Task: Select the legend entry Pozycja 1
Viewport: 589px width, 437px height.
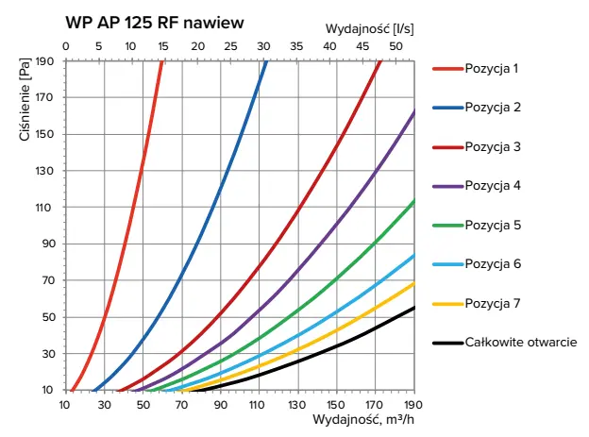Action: pyautogui.click(x=491, y=68)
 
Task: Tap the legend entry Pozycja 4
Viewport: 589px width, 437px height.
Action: pyautogui.click(x=491, y=186)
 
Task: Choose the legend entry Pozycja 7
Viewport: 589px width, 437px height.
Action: pyautogui.click(x=491, y=303)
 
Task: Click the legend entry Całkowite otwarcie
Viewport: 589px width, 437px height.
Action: pyautogui.click(x=520, y=343)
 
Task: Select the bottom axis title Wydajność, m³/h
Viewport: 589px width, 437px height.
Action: pyautogui.click(x=364, y=422)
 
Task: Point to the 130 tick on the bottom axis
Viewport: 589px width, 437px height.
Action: pyautogui.click(x=298, y=405)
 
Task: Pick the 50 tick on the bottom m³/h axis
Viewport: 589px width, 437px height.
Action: pyautogui.click(x=143, y=405)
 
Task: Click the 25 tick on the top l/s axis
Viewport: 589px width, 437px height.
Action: pyautogui.click(x=230, y=45)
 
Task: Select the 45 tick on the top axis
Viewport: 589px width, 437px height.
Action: pyautogui.click(x=363, y=45)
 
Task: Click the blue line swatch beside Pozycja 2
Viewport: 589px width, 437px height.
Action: pyautogui.click(x=447, y=108)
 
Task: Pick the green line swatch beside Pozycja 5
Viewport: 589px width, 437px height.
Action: pyautogui.click(x=447, y=226)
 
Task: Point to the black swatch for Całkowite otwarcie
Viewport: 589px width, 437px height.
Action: pyautogui.click(x=447, y=343)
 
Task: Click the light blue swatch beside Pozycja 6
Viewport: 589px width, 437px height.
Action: pyautogui.click(x=447, y=264)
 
